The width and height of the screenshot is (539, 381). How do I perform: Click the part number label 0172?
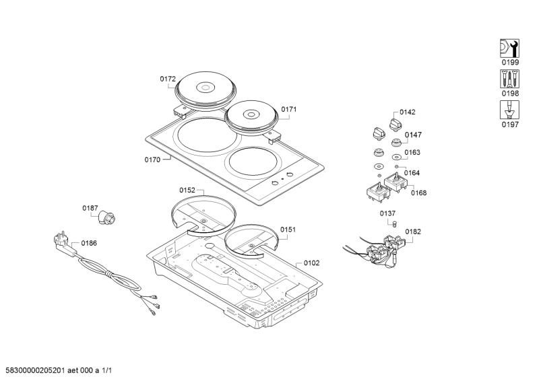point(168,79)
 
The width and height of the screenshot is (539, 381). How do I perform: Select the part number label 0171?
point(289,109)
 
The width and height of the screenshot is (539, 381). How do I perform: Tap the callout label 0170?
point(152,160)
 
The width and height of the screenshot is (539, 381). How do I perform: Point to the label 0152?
point(187,190)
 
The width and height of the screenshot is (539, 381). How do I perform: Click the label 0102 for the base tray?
point(311,263)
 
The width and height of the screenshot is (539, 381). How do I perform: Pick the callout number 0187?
point(90,208)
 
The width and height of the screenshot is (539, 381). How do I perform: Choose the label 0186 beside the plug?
point(89,242)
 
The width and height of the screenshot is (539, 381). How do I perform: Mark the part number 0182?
point(413,232)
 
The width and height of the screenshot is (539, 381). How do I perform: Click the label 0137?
point(387,213)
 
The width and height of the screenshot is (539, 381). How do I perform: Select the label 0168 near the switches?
point(419,193)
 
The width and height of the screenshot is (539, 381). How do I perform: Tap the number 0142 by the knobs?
point(408,112)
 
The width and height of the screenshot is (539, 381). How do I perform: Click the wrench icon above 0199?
point(509,48)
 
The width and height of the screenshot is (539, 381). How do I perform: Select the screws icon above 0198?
point(509,78)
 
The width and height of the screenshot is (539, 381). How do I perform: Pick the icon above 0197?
point(509,109)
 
